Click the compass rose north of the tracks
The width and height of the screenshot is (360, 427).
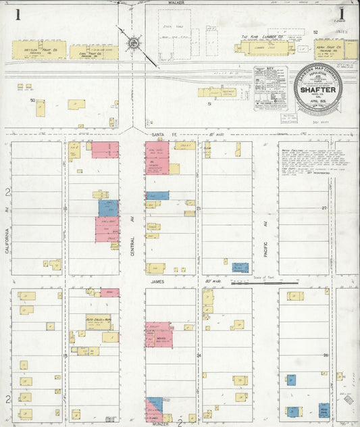coord(133,44)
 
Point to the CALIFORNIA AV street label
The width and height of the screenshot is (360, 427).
coord(7,241)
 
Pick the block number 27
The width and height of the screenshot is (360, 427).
coord(324,209)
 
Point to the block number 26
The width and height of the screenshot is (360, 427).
coord(324,355)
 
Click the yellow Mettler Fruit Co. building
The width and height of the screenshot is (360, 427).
coord(39,49)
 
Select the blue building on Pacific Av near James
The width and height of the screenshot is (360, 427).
coord(240,268)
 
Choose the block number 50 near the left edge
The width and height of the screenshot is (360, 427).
coord(32,99)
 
